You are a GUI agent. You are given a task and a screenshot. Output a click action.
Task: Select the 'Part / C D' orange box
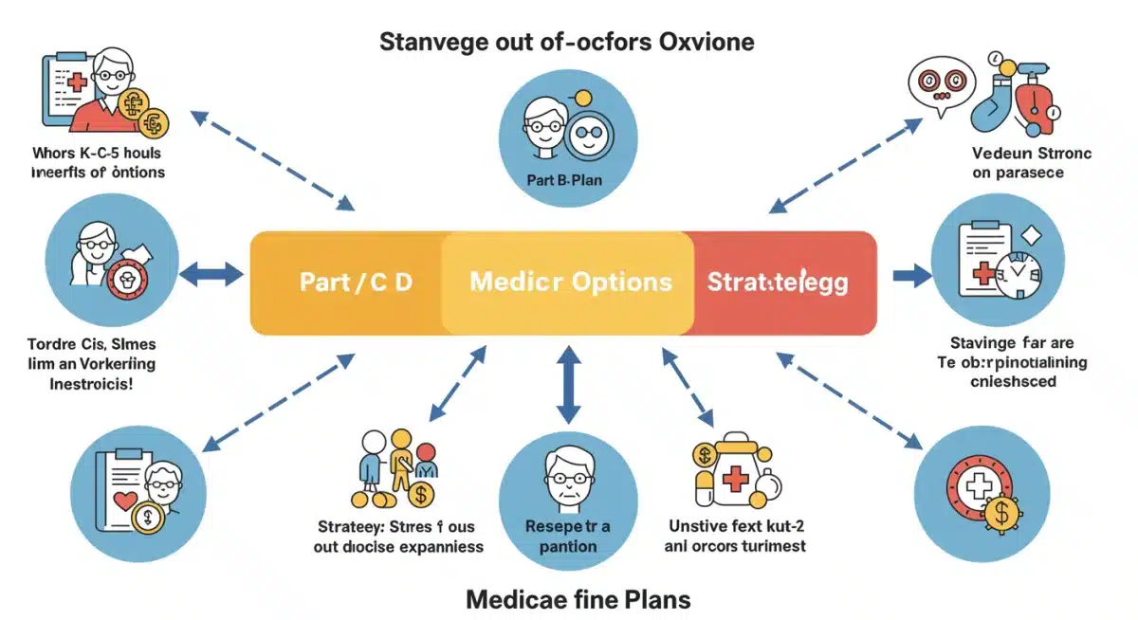click(356, 283)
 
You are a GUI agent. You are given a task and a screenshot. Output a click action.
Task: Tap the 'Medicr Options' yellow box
click(570, 283)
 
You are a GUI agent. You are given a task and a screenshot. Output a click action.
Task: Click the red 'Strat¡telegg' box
click(778, 283)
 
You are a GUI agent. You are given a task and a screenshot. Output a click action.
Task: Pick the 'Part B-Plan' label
click(566, 179)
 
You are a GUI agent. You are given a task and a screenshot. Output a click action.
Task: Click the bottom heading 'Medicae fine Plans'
click(578, 599)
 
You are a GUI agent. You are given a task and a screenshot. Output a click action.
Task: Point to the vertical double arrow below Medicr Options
click(567, 384)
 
